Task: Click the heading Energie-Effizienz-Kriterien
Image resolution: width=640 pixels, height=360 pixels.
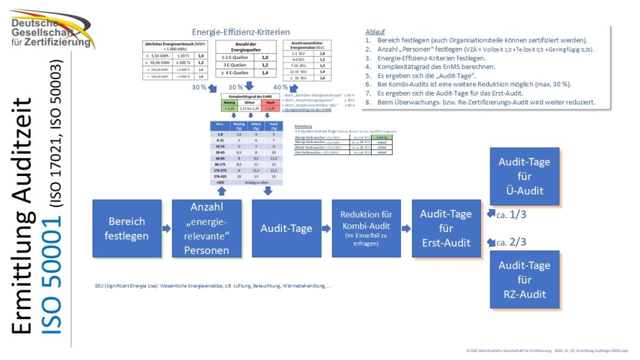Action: tap(240, 32)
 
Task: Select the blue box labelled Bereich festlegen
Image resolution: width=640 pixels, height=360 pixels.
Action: tap(127, 228)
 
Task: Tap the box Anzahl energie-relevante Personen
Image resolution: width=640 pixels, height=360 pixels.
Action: tap(207, 228)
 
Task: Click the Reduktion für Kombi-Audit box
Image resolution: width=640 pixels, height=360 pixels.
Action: tap(366, 228)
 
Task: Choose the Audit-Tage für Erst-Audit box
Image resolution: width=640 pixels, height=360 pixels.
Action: tap(446, 228)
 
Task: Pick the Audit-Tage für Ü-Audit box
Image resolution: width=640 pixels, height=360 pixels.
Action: tap(524, 176)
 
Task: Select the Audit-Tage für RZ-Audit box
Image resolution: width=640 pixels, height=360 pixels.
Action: tap(524, 280)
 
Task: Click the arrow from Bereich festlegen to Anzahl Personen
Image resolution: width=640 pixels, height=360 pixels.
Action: tap(167, 228)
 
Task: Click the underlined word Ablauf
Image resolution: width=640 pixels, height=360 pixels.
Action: tap(376, 30)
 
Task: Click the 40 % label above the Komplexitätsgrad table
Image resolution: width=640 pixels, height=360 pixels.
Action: tap(280, 87)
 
